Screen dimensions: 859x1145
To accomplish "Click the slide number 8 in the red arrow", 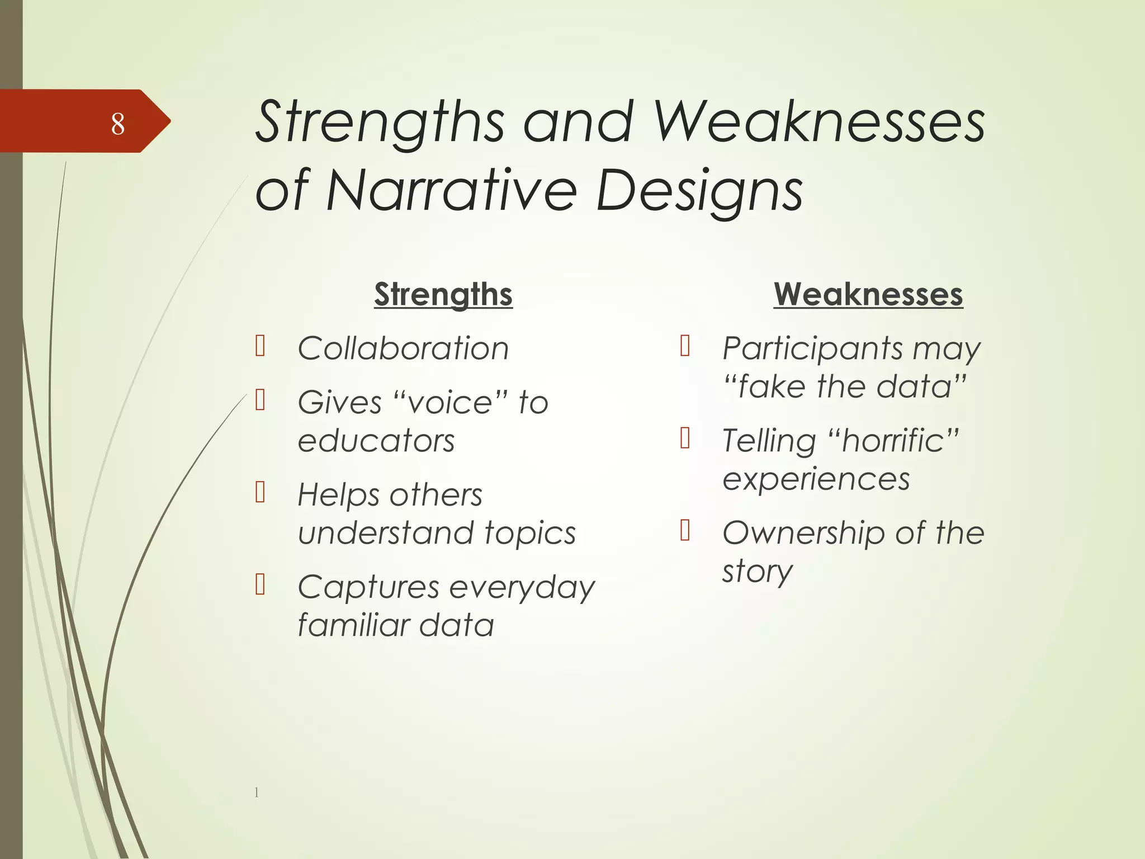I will tap(117, 124).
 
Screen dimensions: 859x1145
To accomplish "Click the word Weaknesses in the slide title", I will tap(819, 122).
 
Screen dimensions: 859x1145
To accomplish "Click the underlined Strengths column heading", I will tap(443, 294).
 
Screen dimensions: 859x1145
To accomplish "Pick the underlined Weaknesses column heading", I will tap(868, 294).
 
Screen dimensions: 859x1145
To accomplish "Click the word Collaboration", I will tap(403, 348).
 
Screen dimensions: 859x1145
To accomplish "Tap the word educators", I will tap(376, 441).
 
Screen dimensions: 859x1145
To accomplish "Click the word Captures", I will tap(368, 588).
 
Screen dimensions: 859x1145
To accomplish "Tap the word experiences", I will tap(816, 479).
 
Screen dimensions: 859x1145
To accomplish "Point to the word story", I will tap(757, 572).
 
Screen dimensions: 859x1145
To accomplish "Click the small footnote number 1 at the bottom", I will tap(257, 792).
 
